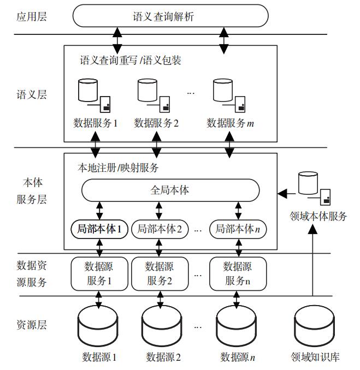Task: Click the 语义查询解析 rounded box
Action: point(170,16)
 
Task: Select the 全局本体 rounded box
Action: point(170,191)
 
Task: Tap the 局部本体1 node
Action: point(99,229)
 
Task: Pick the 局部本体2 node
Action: point(159,229)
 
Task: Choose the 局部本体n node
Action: point(238,229)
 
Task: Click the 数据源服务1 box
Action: point(98,273)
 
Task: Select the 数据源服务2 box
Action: point(158,273)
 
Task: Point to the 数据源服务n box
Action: point(238,273)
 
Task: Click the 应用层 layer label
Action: point(32,16)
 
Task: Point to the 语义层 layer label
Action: point(32,94)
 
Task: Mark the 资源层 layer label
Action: point(32,326)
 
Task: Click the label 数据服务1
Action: point(96,123)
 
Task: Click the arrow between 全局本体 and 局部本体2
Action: point(158,210)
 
